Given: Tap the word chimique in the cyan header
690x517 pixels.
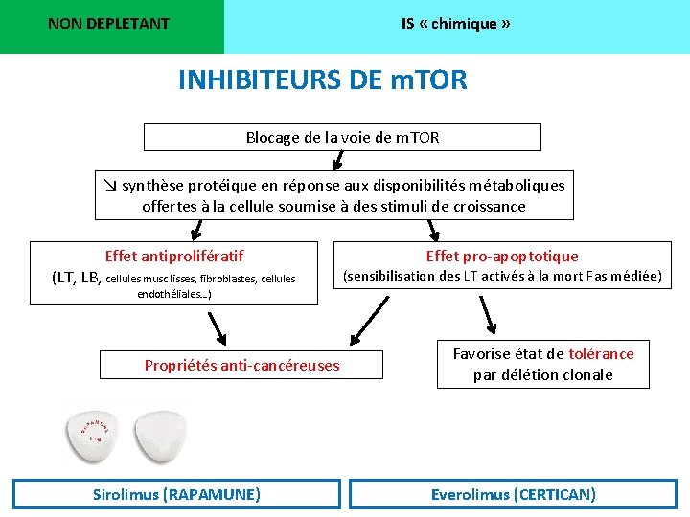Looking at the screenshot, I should point(464,24).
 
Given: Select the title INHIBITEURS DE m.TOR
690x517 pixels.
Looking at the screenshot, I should point(323,79).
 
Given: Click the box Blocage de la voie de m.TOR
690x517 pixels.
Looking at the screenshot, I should point(342,137).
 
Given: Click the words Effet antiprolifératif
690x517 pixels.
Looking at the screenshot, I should point(173,256).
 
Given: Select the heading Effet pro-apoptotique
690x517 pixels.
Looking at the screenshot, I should point(502,256).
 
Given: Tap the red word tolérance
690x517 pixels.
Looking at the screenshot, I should point(601,354).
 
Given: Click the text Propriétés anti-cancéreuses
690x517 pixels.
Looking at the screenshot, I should point(241,365).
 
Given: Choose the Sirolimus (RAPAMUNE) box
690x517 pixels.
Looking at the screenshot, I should point(176,494).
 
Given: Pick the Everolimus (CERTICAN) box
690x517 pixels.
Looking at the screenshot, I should point(514,494).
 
